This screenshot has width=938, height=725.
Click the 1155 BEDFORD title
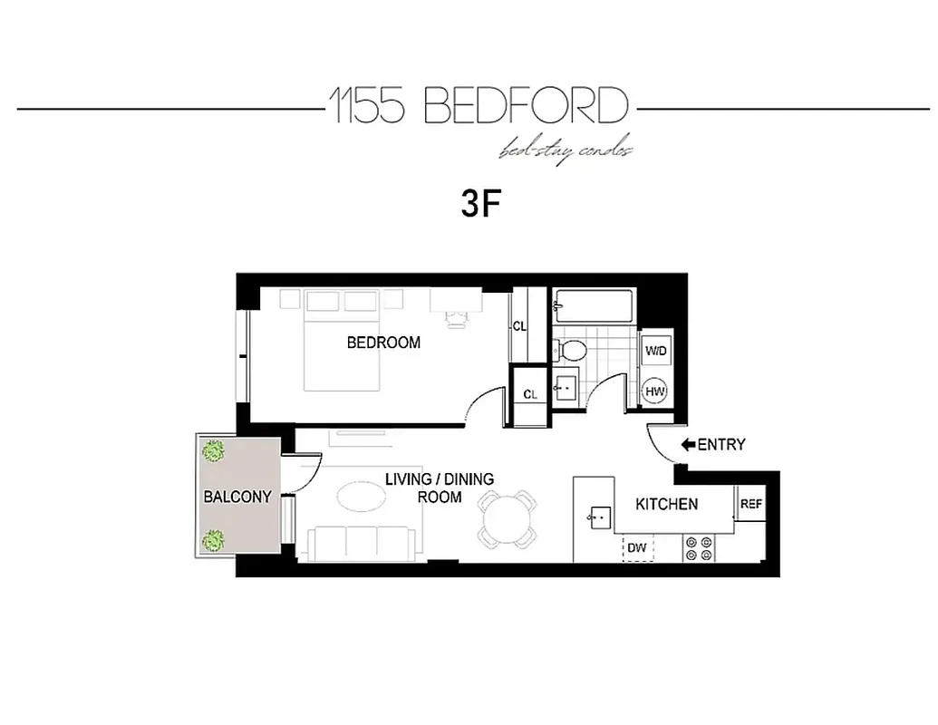click(478, 107)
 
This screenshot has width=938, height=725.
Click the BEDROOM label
click(383, 343)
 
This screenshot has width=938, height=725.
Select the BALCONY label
click(237, 497)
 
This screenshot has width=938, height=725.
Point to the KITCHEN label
click(666, 504)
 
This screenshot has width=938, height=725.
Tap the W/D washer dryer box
click(655, 350)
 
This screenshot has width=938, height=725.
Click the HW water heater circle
click(655, 391)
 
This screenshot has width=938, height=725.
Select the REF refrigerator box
click(750, 504)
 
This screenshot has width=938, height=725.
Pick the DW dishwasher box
click(637, 548)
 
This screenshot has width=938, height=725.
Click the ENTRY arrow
click(688, 444)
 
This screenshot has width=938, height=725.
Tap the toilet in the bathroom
click(568, 349)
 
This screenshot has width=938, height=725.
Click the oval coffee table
click(362, 497)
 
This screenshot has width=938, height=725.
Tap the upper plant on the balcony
click(214, 450)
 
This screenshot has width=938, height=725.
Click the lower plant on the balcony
click(214, 540)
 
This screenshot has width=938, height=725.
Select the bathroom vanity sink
click(567, 387)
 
